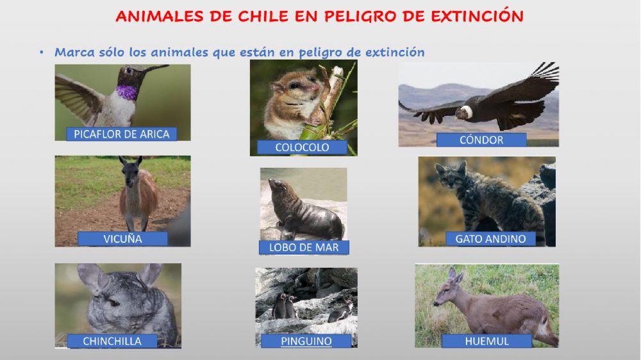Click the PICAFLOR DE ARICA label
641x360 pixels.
point(122,134)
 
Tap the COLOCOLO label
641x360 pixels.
point(302,147)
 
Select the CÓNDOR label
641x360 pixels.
point(481,140)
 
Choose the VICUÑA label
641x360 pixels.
point(122,239)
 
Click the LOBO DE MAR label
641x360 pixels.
point(304,247)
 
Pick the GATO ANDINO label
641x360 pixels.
point(490,239)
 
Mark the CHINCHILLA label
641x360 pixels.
point(112,341)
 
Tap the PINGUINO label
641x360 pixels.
point(306,341)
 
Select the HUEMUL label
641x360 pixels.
point(487,341)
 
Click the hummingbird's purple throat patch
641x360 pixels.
point(127,92)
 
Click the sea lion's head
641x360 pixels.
point(277,187)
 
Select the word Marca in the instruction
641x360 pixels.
point(74,53)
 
